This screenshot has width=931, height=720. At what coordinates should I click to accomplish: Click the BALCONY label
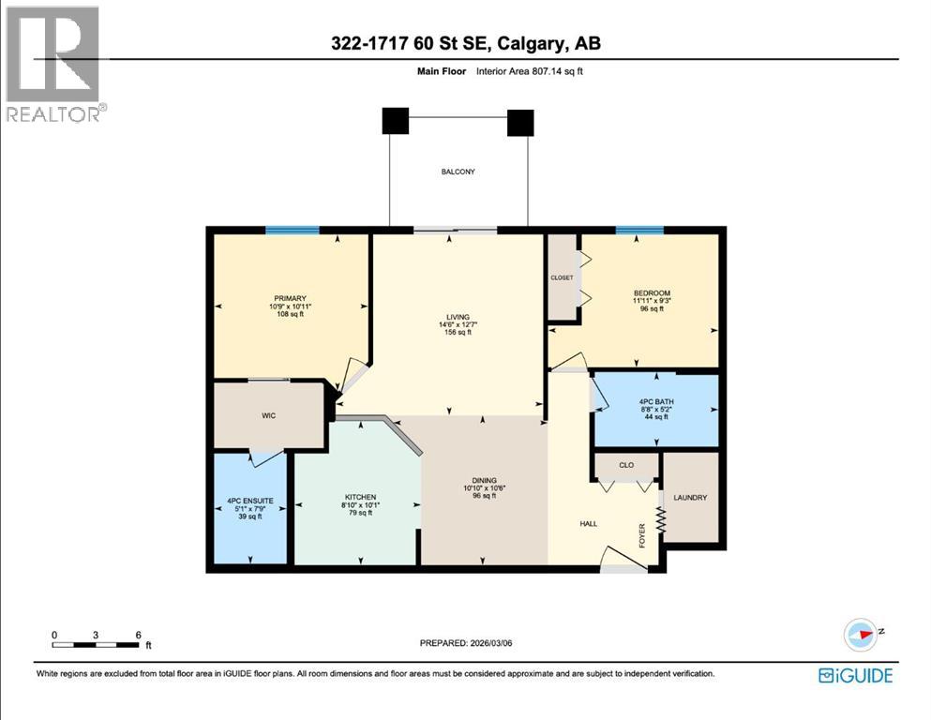(x=459, y=172)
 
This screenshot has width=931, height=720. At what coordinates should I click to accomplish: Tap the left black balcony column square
(x=396, y=121)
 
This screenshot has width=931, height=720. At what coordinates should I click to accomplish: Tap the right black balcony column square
(x=520, y=123)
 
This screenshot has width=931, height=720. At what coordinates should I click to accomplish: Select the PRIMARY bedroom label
(x=290, y=298)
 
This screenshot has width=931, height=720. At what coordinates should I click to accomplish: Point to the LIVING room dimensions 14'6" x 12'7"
(x=458, y=324)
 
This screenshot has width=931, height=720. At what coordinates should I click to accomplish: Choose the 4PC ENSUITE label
(x=249, y=501)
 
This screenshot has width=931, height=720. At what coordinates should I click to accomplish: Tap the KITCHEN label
(x=360, y=496)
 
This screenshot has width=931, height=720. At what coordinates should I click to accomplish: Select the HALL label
(x=589, y=524)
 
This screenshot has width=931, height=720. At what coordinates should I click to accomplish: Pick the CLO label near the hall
(x=626, y=464)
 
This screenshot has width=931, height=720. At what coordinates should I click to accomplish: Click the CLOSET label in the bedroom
(x=562, y=277)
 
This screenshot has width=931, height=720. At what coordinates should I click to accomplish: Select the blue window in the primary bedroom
(x=292, y=230)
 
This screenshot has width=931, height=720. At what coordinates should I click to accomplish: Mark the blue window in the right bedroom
(x=639, y=230)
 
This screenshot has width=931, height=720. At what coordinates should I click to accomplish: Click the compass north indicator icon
(x=861, y=635)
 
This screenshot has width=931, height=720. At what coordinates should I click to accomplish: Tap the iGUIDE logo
(x=855, y=675)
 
